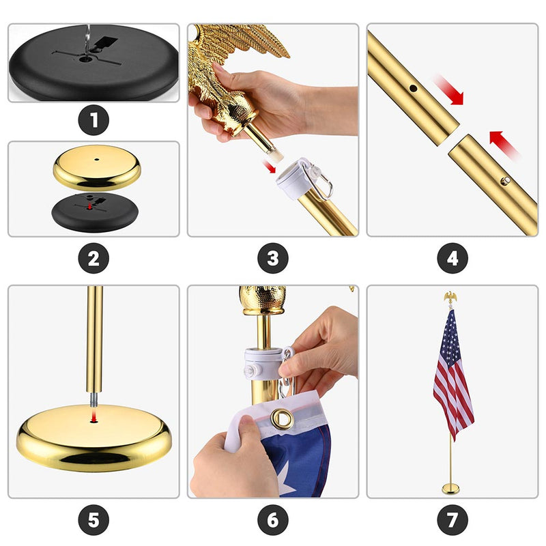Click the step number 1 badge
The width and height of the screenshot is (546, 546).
[94, 120]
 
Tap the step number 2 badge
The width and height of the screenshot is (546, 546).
[94, 259]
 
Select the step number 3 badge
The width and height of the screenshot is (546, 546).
[273, 259]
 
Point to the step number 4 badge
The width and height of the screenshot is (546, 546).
[452, 259]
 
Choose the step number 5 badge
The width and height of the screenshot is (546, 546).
[94, 520]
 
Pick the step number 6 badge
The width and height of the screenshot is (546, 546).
[273, 520]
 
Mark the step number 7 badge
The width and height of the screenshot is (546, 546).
[452, 520]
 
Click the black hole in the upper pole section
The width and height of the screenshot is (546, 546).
[414, 88]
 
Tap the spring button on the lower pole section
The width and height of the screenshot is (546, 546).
[505, 181]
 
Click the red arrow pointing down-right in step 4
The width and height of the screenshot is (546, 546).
[450, 90]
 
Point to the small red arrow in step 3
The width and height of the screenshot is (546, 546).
[269, 167]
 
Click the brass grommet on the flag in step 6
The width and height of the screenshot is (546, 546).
[282, 418]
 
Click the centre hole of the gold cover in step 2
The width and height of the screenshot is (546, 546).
[96, 160]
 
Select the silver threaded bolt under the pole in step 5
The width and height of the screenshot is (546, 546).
[94, 399]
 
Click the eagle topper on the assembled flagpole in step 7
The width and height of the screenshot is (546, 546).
[450, 298]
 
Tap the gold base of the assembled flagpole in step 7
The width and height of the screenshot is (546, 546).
[450, 489]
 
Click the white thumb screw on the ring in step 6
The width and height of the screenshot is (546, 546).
[252, 371]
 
